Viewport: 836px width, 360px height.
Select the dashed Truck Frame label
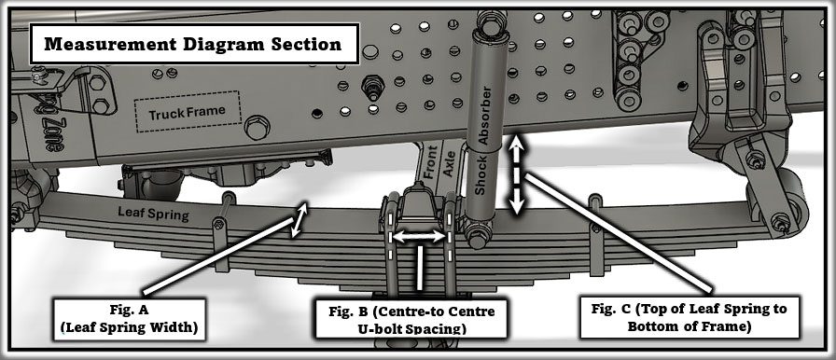[188, 112]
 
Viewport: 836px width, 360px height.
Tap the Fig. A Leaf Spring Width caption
[129, 319]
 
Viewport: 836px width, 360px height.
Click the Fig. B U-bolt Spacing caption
[411, 319]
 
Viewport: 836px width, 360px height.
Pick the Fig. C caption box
[690, 317]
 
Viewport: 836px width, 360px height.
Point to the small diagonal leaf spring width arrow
[300, 220]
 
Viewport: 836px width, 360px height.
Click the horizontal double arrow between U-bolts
[419, 237]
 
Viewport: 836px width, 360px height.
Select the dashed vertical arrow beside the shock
[516, 174]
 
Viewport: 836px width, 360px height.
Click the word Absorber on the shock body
[484, 115]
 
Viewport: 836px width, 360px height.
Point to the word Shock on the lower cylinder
[481, 175]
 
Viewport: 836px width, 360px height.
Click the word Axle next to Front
[449, 163]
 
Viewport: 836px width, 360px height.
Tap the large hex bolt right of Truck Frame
[257, 127]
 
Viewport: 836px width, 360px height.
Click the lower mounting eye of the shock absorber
[476, 235]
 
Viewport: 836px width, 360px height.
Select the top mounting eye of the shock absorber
[487, 22]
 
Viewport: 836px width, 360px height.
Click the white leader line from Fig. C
[620, 234]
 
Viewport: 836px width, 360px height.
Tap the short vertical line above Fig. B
[420, 268]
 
